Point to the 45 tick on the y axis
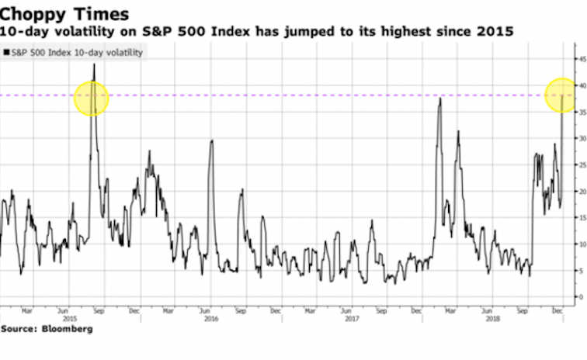coord(579,58)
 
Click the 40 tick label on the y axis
coord(579,85)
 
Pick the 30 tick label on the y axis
coord(579,137)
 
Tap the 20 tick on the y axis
coord(579,191)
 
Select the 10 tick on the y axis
coord(579,244)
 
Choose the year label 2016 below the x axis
coord(210,318)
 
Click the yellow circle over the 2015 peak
coord(92,99)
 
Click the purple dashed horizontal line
coord(311,95)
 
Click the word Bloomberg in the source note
coord(65,330)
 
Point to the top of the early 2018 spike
coord(440,99)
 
